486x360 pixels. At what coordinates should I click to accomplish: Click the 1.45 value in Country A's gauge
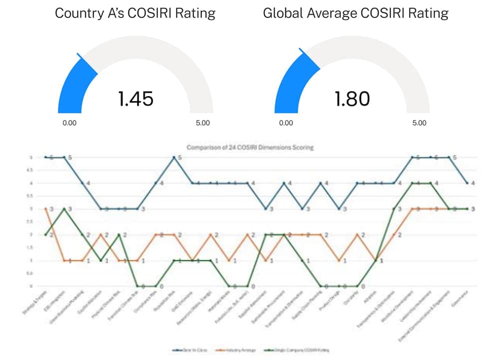point(135,99)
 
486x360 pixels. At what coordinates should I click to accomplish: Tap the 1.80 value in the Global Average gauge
point(352,99)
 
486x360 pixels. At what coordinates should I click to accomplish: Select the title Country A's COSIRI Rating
point(135,13)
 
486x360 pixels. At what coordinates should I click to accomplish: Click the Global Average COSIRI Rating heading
point(355,13)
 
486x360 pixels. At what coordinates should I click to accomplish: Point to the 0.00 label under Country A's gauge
point(69,123)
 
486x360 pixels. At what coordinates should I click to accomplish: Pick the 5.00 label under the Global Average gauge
point(419,123)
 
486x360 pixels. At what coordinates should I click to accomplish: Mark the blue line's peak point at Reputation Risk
point(174,157)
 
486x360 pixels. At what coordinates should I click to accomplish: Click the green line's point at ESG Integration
point(63,208)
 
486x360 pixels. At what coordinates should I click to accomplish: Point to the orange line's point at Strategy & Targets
point(45,208)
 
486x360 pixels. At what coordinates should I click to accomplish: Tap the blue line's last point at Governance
point(467,183)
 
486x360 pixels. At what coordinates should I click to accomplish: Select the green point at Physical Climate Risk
point(118,234)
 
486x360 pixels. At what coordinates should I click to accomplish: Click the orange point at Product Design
point(339,260)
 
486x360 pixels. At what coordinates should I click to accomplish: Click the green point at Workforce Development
point(412,183)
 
